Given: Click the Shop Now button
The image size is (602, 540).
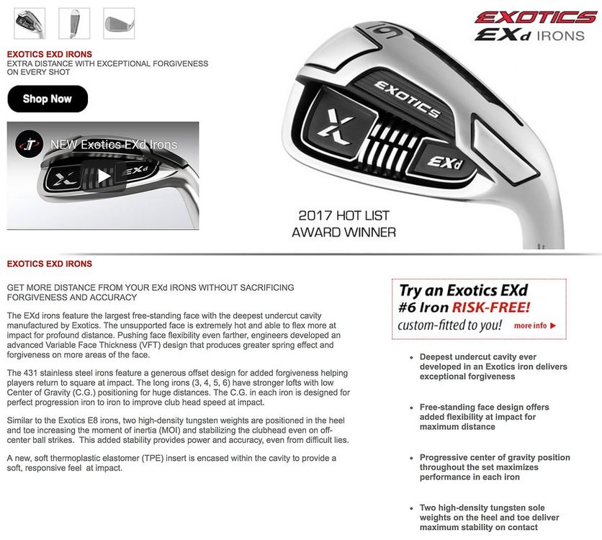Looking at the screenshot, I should [x=48, y=99].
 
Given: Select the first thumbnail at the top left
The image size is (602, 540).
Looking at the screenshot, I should [x=30, y=23].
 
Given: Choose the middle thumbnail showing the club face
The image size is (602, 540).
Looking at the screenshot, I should [x=74, y=23].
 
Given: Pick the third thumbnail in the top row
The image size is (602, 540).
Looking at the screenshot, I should [x=119, y=23].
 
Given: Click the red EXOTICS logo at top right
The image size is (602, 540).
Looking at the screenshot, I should [x=535, y=17].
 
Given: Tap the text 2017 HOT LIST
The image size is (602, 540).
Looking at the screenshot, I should [x=343, y=215].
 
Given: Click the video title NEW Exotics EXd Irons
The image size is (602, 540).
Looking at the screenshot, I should [x=114, y=145].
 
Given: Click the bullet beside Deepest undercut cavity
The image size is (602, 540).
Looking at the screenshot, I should [x=411, y=357].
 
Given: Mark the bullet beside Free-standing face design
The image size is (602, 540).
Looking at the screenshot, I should [x=411, y=408].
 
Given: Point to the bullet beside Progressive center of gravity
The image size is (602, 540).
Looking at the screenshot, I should [x=411, y=458].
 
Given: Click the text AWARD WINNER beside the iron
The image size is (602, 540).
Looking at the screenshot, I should [x=343, y=232].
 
